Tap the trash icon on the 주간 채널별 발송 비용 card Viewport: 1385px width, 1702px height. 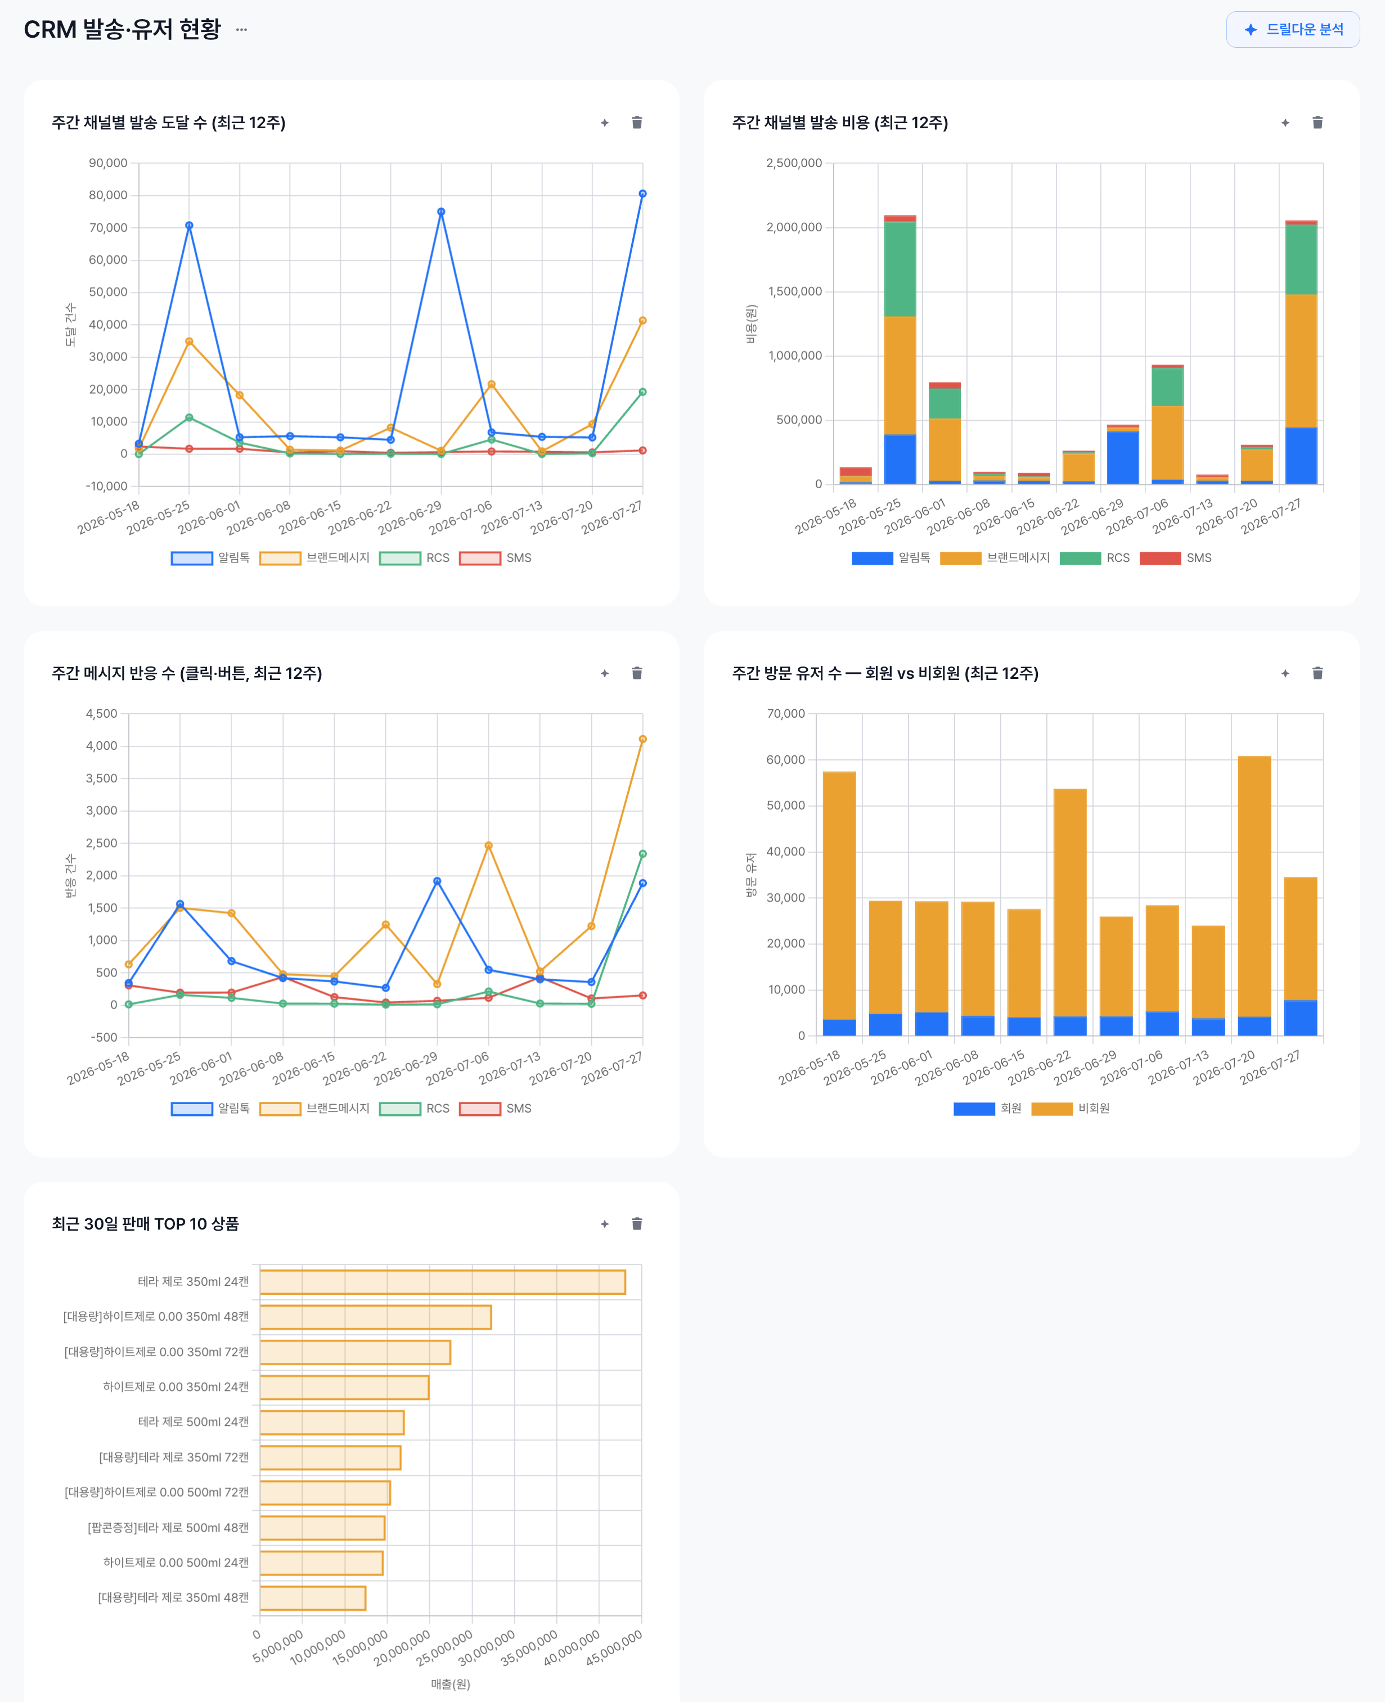pos(1317,122)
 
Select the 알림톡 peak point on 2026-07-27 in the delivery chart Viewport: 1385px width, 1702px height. pos(642,194)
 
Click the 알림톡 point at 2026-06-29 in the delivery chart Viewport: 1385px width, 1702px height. pos(441,212)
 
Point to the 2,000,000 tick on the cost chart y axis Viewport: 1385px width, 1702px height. pos(794,227)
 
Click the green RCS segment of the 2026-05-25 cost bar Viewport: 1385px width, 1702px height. pos(900,269)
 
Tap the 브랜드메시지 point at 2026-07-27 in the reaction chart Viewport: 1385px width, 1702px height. pos(642,739)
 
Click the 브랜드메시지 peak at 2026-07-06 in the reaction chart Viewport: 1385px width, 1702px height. pos(488,845)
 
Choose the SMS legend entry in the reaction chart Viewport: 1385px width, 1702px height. pos(496,1109)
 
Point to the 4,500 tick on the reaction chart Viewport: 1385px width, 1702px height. pos(101,714)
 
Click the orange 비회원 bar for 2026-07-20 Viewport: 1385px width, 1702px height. pos(1254,886)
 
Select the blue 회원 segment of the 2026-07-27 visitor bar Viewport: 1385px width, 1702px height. pos(1301,1017)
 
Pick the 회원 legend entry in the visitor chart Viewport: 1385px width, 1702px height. pos(988,1109)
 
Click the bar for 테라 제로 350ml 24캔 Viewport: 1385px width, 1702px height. pos(443,1282)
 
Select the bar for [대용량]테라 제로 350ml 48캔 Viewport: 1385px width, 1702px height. pos(313,1597)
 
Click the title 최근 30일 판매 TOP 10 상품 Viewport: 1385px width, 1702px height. pos(145,1223)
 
